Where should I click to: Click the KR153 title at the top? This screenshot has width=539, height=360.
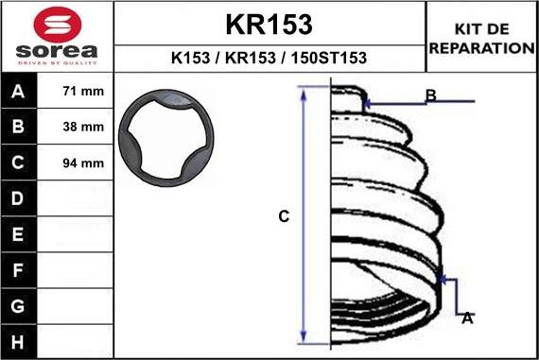(269, 24)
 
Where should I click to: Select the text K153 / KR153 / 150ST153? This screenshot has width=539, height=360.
(269, 58)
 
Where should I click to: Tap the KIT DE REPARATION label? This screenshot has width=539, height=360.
(481, 38)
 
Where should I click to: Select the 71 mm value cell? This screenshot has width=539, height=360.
(82, 93)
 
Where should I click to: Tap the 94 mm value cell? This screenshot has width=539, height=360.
(82, 163)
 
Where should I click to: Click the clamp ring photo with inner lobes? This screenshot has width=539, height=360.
(166, 142)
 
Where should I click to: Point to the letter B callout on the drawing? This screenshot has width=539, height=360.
(430, 95)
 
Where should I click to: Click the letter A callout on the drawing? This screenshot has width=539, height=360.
(467, 318)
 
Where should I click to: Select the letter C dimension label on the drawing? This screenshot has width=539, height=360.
(284, 216)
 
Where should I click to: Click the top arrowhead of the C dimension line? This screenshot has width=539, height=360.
(304, 92)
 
